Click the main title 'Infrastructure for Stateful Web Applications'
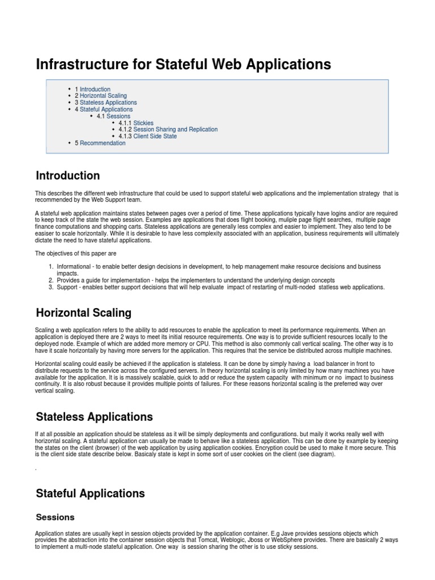183,65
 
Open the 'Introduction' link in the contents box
95,89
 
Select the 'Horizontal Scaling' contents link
103,96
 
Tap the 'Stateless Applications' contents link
108,103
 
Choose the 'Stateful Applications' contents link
106,110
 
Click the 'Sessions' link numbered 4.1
118,116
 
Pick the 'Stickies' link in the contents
143,123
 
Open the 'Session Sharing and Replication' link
175,130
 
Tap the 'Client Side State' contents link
155,137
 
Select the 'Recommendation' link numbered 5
103,143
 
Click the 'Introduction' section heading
68,176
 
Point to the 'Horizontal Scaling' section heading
83,313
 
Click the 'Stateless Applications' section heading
94,417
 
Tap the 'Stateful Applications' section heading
90,493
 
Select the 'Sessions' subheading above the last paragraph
55,517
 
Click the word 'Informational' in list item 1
74,267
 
